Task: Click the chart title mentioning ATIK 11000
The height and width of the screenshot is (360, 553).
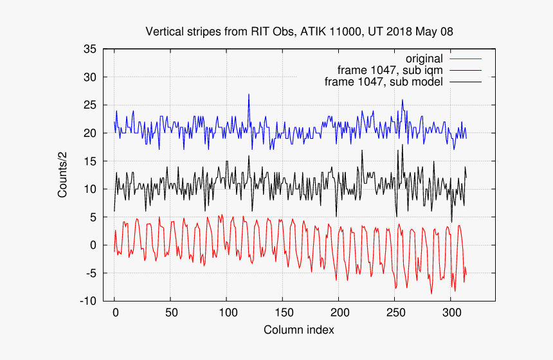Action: coord(304,31)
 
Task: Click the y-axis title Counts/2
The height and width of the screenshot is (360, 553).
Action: coord(63,175)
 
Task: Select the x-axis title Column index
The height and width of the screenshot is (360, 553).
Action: coord(298,330)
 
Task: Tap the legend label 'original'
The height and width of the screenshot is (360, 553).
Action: coord(424,59)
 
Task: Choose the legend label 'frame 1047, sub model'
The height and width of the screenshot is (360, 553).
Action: coord(384,82)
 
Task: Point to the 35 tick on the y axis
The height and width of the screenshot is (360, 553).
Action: coord(90,49)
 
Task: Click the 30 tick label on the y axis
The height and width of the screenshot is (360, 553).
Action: coord(90,77)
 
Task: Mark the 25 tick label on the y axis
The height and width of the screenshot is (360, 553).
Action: coord(90,105)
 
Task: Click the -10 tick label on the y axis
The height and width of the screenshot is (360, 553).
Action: coord(88,301)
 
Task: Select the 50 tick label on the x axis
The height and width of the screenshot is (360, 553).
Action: coord(170,313)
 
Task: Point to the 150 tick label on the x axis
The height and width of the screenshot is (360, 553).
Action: coord(282,313)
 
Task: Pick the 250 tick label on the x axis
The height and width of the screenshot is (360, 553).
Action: coord(394,313)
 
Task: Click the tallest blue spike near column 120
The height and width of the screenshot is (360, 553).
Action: coord(249,95)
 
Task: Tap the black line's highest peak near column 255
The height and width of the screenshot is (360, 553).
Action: coord(403,145)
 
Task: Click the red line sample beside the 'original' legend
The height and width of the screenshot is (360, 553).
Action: coord(466,59)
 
